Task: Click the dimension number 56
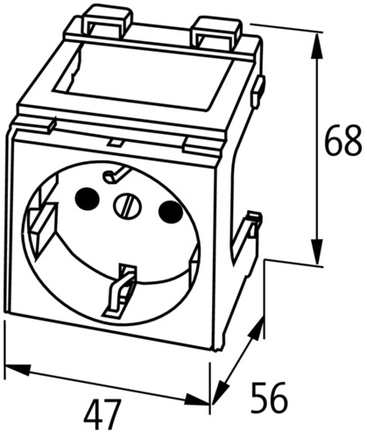pyautogui.click(x=270, y=397)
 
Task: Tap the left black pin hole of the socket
pyautogui.click(x=87, y=197)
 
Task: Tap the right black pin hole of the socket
pyautogui.click(x=170, y=211)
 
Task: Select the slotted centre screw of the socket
pyautogui.click(x=127, y=206)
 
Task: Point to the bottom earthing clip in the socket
pyautogui.click(x=120, y=291)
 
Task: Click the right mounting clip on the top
pyautogui.click(x=216, y=32)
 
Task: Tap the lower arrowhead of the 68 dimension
pyautogui.click(x=317, y=251)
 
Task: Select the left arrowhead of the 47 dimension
pyautogui.click(x=18, y=369)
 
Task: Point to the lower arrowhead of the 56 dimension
pyautogui.click(x=221, y=392)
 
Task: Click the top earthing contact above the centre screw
pyautogui.click(x=115, y=174)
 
